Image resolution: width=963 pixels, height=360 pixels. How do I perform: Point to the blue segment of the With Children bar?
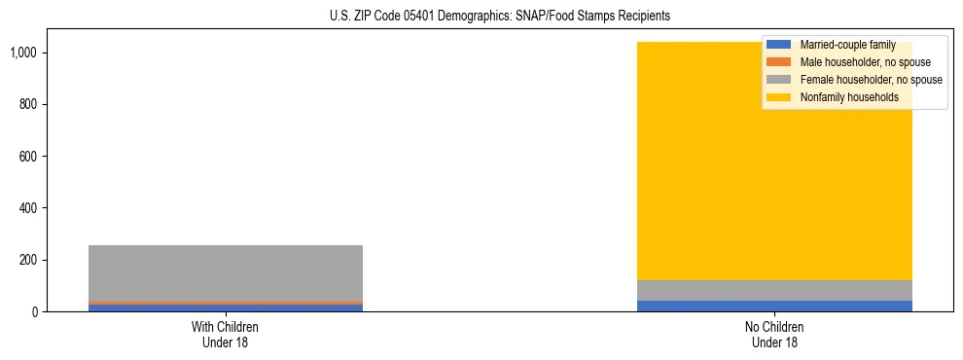[226, 308]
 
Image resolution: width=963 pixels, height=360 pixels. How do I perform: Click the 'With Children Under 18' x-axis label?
[226, 334]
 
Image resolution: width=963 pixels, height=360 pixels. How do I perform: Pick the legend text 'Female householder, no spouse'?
[871, 80]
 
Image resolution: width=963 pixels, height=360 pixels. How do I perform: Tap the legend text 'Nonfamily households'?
[849, 97]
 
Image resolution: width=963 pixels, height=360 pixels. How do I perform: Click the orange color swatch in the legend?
[779, 62]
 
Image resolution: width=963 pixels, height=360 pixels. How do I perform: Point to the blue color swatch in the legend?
[779, 45]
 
